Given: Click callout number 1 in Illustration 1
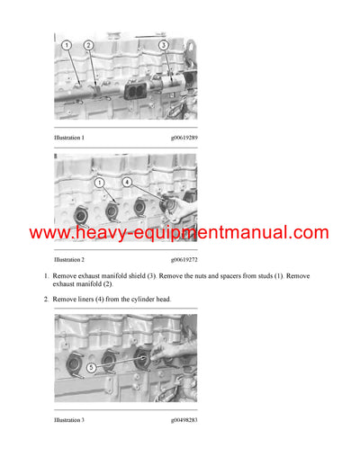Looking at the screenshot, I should (x=66, y=45).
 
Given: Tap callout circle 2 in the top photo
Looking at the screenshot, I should (x=88, y=45).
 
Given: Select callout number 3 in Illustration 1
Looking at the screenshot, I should (x=163, y=44).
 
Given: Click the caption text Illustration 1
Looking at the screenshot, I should (x=69, y=138).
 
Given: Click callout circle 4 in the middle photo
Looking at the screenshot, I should (x=127, y=183).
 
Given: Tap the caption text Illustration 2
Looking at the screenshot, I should (x=69, y=258).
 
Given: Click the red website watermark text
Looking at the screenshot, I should (x=179, y=233).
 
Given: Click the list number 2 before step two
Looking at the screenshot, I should (x=45, y=299).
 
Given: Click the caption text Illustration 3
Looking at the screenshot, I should (x=69, y=419).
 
